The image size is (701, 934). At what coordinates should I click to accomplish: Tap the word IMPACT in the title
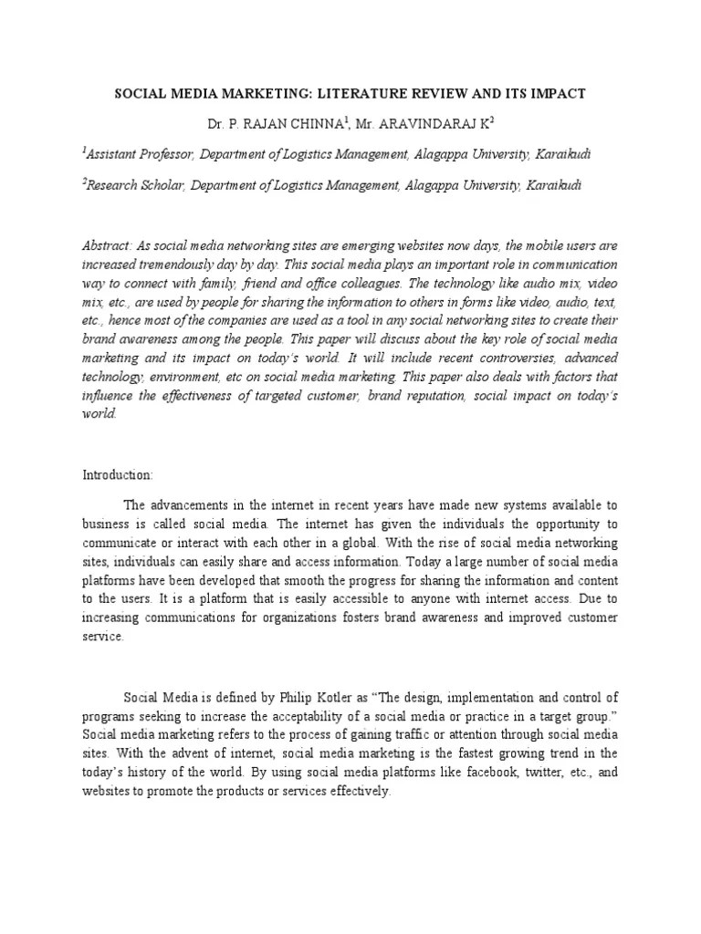pos(560,94)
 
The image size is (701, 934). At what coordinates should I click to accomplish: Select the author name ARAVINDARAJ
pos(443,124)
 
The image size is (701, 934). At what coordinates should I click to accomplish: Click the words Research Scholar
pos(135,185)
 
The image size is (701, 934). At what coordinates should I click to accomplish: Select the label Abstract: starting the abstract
pos(108,245)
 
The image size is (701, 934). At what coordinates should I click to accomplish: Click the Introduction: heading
pos(118,475)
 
